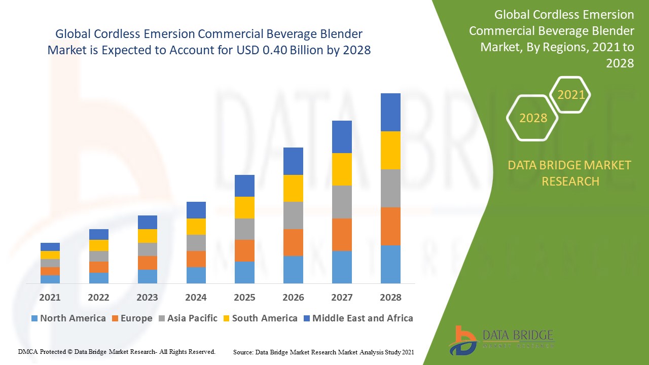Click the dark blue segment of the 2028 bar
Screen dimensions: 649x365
(x=390, y=112)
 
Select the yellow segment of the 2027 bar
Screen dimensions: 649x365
(x=342, y=169)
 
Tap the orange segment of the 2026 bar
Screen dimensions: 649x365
(x=293, y=242)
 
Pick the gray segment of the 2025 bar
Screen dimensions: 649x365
(x=244, y=229)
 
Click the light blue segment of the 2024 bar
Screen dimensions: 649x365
(x=196, y=275)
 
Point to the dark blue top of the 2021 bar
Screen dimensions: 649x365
(x=50, y=247)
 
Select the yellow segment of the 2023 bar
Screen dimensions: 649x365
(x=147, y=236)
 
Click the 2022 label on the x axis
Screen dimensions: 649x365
(x=98, y=298)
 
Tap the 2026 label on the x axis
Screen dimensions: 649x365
(x=293, y=298)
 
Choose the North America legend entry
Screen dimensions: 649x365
(x=68, y=318)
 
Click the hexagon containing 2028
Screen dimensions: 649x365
(x=532, y=118)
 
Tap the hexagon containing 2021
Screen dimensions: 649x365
(x=571, y=95)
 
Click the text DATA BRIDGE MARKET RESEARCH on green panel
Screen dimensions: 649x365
(x=570, y=173)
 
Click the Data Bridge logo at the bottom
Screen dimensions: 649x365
(x=500, y=339)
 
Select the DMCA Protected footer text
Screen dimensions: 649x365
(x=117, y=351)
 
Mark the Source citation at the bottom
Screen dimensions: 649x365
(x=323, y=352)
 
